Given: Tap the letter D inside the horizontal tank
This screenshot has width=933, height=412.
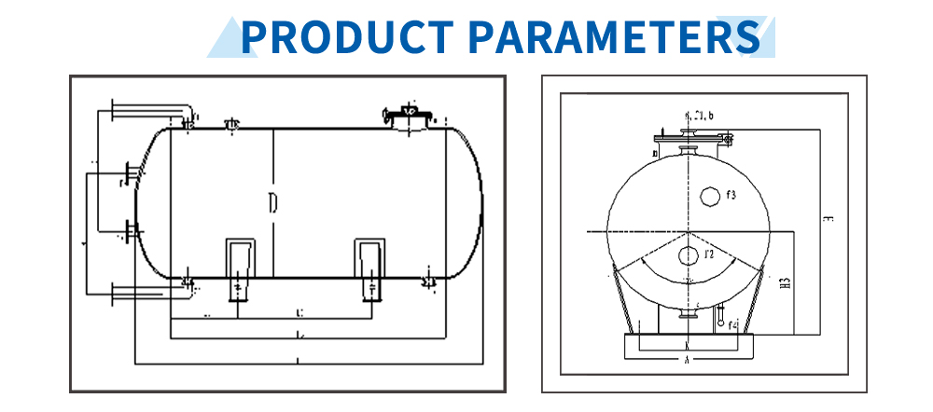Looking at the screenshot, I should (272, 203).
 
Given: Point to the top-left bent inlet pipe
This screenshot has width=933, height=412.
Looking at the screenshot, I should (149, 112).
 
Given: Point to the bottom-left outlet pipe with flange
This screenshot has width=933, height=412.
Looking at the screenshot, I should (149, 294).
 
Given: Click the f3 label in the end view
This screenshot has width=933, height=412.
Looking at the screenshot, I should (731, 197).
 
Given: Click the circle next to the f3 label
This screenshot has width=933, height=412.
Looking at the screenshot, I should (710, 196).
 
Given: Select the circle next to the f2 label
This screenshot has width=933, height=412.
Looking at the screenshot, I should (688, 255).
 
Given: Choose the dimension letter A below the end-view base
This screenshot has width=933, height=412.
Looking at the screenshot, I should (687, 358).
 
